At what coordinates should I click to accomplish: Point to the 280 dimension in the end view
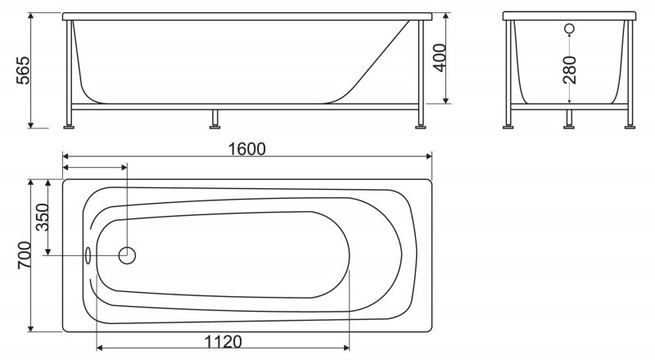click(570, 70)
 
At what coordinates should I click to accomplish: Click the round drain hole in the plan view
click(127, 255)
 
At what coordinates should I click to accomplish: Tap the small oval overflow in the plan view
click(88, 255)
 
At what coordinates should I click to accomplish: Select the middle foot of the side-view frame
click(215, 124)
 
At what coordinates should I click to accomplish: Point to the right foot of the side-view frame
click(422, 124)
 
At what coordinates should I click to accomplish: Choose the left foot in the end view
click(509, 124)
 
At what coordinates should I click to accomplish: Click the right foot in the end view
click(630, 124)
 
